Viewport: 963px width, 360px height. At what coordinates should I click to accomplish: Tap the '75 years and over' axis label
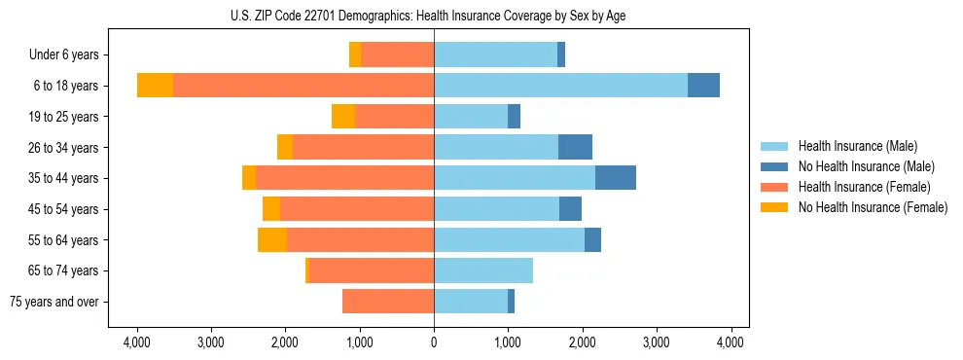[x=54, y=302]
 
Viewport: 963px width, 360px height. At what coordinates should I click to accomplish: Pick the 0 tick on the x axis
[x=434, y=342]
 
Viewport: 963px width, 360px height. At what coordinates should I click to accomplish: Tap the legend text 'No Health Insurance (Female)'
[x=873, y=207]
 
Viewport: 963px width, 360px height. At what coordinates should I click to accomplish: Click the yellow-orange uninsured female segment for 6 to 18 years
[x=155, y=86]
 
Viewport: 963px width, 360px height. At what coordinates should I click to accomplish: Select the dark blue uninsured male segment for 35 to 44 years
[x=616, y=178]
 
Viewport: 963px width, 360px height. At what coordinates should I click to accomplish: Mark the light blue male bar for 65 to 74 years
[x=483, y=270]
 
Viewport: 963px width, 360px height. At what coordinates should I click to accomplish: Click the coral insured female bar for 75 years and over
[x=388, y=302]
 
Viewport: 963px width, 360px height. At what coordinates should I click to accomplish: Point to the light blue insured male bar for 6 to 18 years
[x=560, y=86]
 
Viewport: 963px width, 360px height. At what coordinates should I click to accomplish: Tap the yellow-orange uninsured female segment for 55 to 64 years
[x=272, y=240]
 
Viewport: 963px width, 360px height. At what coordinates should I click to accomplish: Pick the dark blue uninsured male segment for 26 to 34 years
[x=575, y=147]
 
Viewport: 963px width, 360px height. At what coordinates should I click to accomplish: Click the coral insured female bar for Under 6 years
[x=398, y=55]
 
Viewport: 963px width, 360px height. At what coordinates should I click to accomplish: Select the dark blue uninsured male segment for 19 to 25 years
[x=514, y=117]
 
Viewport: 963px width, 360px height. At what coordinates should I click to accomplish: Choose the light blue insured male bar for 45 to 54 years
[x=496, y=209]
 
